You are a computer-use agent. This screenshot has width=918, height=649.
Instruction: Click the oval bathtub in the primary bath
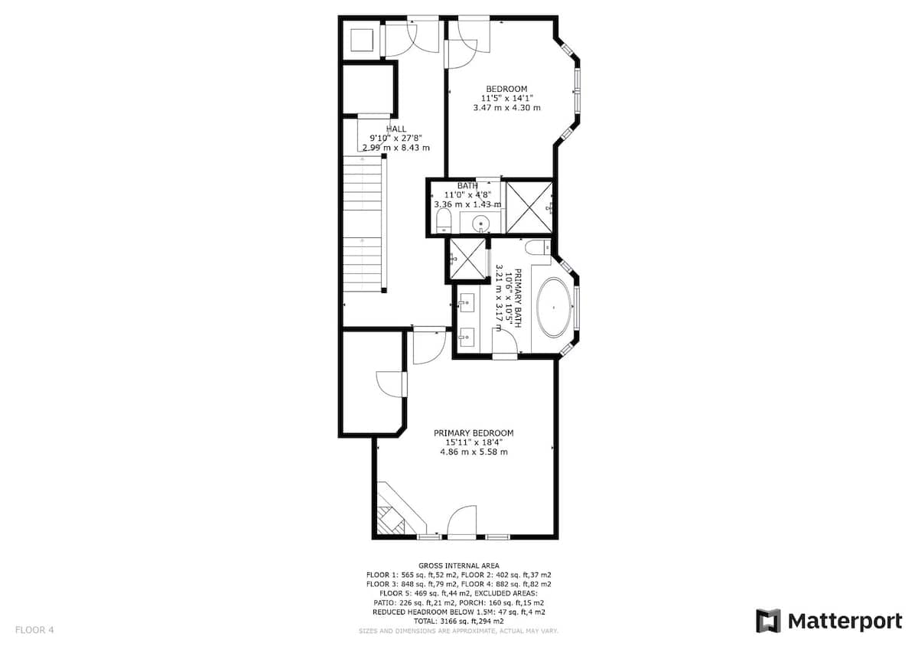click(554, 308)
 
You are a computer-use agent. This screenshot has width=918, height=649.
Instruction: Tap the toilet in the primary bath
click(538, 247)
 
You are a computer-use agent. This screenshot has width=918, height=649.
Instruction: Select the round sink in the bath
click(480, 223)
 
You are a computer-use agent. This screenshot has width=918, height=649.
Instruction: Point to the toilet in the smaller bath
click(443, 221)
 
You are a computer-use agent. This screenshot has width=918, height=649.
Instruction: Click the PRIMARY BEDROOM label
click(474, 433)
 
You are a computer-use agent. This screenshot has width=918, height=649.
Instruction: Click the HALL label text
click(396, 129)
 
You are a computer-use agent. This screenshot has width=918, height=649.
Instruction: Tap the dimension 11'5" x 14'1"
click(506, 98)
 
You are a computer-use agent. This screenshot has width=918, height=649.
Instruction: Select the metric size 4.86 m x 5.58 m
click(474, 452)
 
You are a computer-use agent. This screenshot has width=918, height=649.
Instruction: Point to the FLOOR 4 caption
click(34, 630)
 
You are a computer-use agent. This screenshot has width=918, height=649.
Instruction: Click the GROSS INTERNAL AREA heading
click(458, 566)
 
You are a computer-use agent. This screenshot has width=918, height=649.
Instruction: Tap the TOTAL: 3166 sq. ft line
click(458, 621)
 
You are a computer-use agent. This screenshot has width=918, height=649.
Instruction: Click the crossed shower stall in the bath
click(529, 207)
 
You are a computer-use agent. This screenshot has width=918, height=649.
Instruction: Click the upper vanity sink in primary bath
click(466, 302)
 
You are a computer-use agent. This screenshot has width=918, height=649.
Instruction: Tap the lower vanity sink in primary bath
click(466, 337)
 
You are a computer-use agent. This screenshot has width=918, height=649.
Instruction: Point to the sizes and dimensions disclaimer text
click(458, 631)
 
